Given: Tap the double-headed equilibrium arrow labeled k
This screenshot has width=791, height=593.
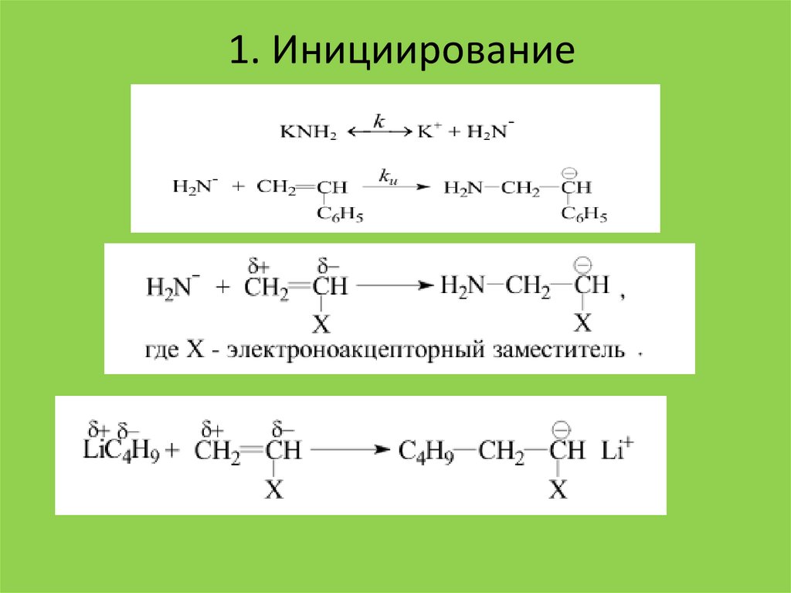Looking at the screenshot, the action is point(378,131).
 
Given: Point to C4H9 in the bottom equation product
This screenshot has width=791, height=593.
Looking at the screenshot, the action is point(426,451).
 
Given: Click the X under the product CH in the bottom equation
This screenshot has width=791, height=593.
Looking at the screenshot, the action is point(558,489).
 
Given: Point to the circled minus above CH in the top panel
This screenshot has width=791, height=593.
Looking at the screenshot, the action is point(571,172).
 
